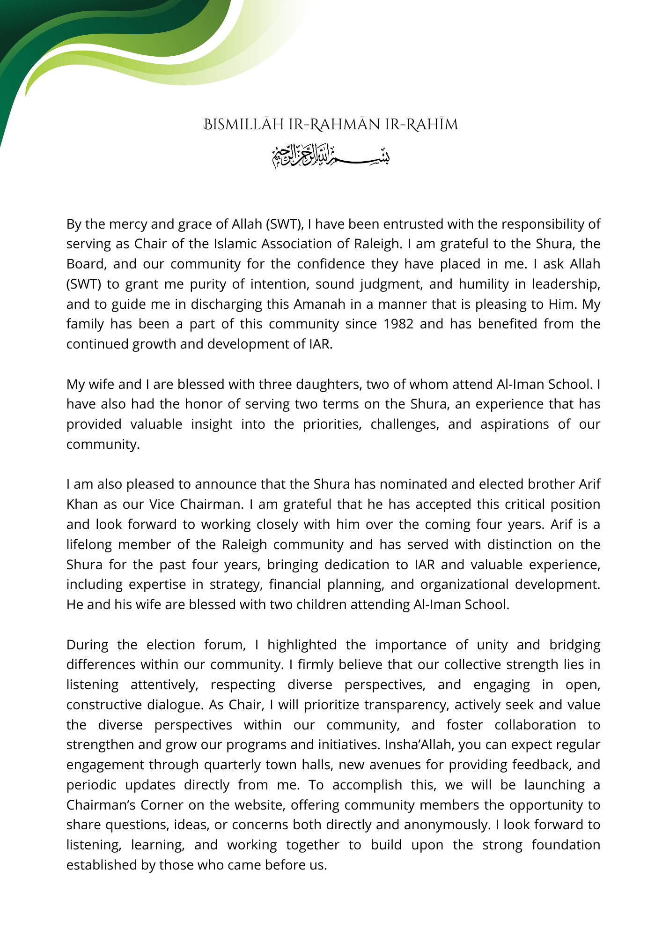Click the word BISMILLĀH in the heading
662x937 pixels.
coord(243,125)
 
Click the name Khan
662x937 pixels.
coord(82,504)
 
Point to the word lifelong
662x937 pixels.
coord(89,544)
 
